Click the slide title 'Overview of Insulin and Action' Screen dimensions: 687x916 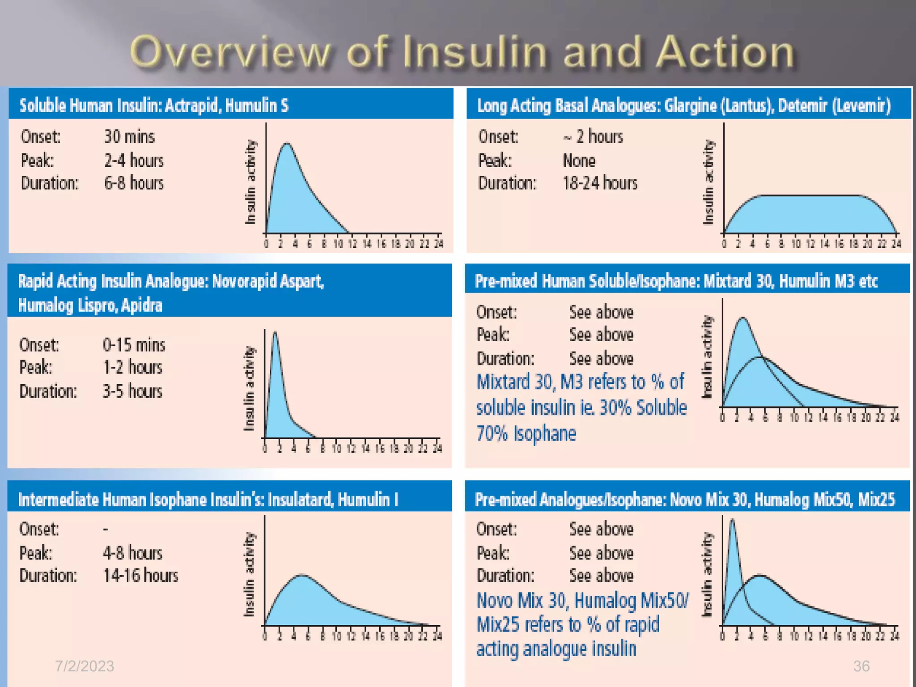[x=462, y=52]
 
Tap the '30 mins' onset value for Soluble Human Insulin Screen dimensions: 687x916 [x=129, y=136]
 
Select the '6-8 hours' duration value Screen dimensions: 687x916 [x=134, y=183]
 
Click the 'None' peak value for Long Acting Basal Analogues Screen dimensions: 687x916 [x=579, y=161]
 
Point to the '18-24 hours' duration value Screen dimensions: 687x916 [x=600, y=183]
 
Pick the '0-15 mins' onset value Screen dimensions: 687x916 [x=134, y=345]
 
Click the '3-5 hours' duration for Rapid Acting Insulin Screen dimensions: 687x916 [x=132, y=391]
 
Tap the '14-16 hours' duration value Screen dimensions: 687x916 [x=140, y=576]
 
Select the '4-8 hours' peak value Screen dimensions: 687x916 [x=132, y=553]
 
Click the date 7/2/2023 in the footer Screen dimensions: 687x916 [x=84, y=666]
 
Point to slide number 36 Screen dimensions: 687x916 [x=861, y=666]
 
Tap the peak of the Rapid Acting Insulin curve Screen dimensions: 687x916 [x=275, y=334]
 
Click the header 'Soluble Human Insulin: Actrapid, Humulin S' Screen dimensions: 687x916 [x=154, y=106]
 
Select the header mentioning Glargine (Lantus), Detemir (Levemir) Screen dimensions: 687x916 [x=684, y=106]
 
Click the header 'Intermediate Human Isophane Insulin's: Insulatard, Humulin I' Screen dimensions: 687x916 [x=208, y=499]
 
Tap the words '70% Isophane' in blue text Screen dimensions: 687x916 [x=526, y=433]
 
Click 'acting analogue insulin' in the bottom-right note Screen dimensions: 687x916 [x=556, y=649]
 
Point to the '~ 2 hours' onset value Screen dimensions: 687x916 [x=593, y=136]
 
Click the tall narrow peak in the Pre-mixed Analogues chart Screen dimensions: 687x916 [x=732, y=522]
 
